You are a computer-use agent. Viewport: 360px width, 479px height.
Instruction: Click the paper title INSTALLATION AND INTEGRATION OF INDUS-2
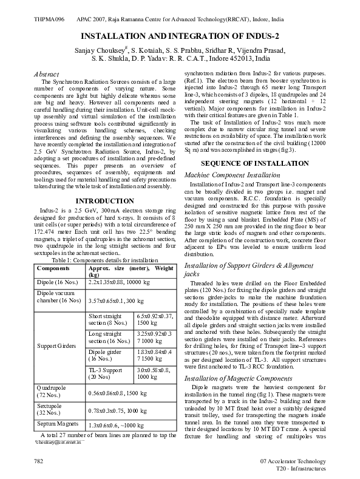180,36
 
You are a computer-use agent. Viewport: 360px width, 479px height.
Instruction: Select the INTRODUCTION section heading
104,200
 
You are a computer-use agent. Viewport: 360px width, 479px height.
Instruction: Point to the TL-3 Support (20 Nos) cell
106,373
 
